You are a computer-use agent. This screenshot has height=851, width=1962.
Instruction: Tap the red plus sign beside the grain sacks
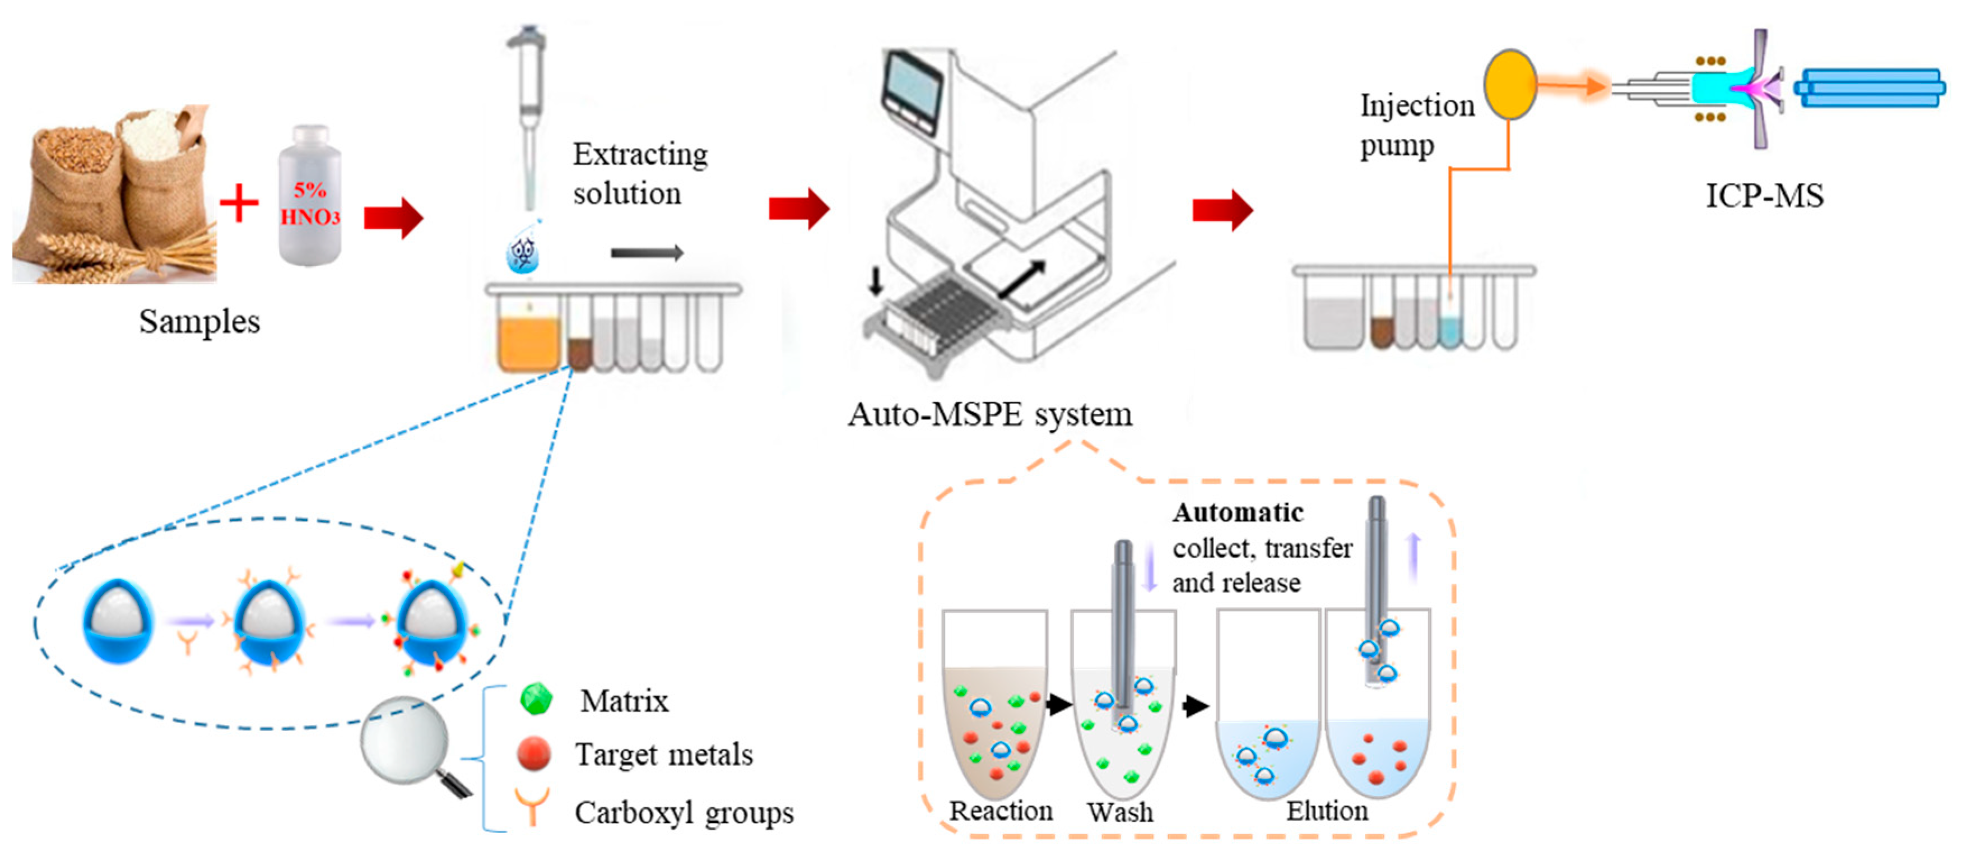pyautogui.click(x=239, y=203)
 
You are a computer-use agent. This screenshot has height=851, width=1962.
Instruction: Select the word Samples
pyautogui.click(x=199, y=321)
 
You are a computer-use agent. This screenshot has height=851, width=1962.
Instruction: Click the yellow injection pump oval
pyautogui.click(x=1509, y=85)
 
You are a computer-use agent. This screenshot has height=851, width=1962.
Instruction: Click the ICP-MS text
pyautogui.click(x=1764, y=196)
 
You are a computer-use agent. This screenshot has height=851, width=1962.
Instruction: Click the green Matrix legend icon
pyautogui.click(x=537, y=699)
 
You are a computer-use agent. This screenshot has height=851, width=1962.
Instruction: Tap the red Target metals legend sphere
pyautogui.click(x=534, y=753)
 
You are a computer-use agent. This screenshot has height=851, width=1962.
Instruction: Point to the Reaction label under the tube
pyautogui.click(x=1001, y=811)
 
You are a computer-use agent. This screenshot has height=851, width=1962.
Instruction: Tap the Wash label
pyautogui.click(x=1119, y=812)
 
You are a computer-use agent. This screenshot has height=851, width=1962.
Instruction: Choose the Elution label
pyautogui.click(x=1327, y=811)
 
